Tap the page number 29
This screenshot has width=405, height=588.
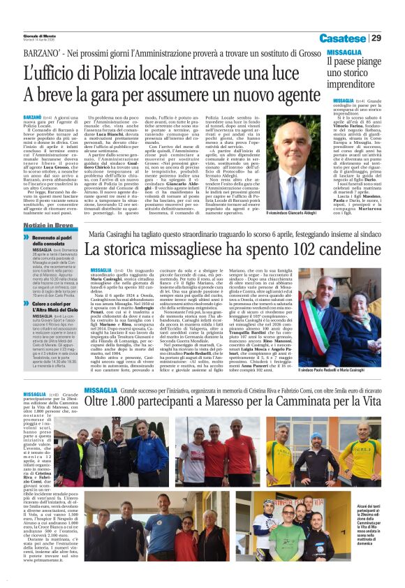pos(376,38)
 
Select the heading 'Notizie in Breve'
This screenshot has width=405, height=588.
pos(49,226)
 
